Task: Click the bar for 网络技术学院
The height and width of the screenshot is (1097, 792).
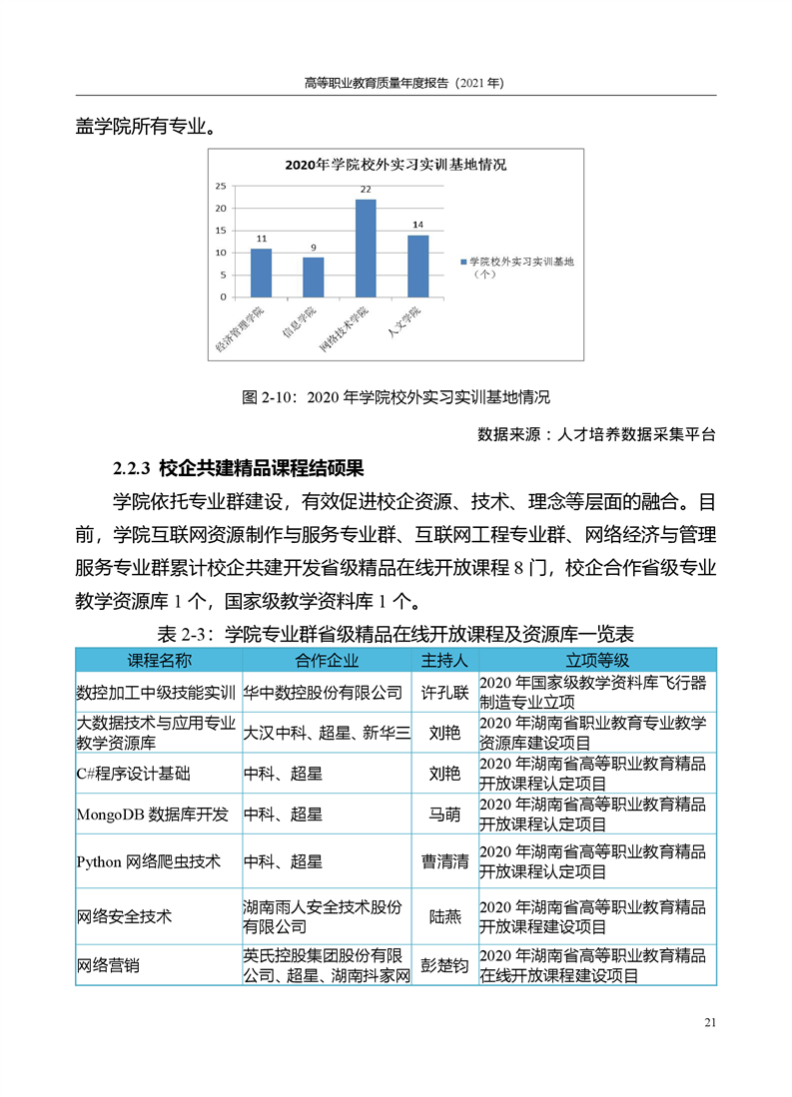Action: [366, 248]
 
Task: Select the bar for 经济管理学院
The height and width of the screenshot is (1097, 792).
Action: [261, 273]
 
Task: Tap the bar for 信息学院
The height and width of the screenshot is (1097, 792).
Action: [314, 276]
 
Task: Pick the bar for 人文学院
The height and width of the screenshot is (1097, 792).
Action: [417, 266]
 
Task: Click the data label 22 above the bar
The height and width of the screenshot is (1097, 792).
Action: [366, 190]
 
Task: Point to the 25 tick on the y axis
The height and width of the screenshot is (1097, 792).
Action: [221, 186]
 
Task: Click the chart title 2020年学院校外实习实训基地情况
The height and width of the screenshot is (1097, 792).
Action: [396, 164]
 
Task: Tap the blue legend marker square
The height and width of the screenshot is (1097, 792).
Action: [462, 262]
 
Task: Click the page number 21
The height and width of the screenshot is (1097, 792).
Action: [710, 1021]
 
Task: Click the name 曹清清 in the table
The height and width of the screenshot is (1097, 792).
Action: [444, 860]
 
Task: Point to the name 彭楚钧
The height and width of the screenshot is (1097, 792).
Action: [444, 965]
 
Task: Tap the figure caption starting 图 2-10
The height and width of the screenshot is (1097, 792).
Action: [396, 397]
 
